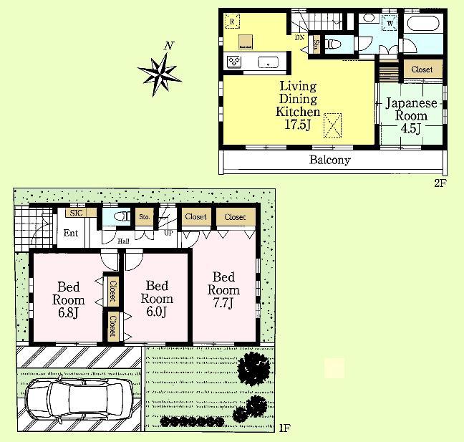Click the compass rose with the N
(160, 70)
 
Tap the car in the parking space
(79, 399)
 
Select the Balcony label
(329, 160)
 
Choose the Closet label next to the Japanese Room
(422, 69)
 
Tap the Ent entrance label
(70, 234)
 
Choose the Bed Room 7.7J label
(223, 289)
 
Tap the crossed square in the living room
(332, 125)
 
